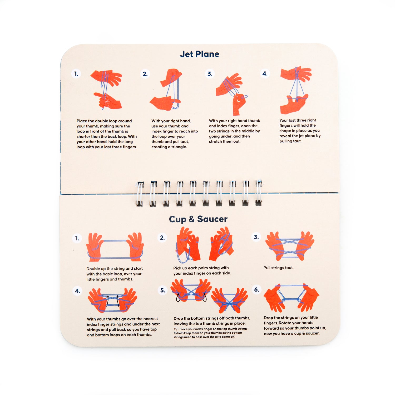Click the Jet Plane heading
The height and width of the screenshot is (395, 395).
pyautogui.click(x=200, y=54)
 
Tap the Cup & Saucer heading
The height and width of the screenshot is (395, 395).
pyautogui.click(x=198, y=219)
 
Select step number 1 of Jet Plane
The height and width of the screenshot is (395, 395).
pyautogui.click(x=76, y=74)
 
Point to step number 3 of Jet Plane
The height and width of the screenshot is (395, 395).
pyautogui.click(x=210, y=74)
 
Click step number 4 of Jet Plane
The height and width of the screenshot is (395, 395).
pyautogui.click(x=265, y=73)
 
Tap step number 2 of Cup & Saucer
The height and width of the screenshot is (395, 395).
pyautogui.click(x=162, y=238)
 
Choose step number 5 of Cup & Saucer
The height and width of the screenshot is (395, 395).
pyautogui.click(x=163, y=290)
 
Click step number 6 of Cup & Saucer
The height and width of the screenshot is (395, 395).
pyautogui.click(x=256, y=290)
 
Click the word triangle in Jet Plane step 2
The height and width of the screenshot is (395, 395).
pyautogui.click(x=179, y=147)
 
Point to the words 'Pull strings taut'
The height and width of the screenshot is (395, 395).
pyautogui.click(x=278, y=268)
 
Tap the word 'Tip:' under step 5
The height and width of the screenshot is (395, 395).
pyautogui.click(x=176, y=329)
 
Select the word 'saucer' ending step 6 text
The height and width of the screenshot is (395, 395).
pyautogui.click(x=313, y=333)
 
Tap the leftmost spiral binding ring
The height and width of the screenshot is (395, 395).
pyautogui.click(x=140, y=194)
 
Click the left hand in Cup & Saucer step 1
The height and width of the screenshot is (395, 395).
pyautogui.click(x=94, y=247)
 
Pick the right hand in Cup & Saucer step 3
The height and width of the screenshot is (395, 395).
pyautogui.click(x=305, y=245)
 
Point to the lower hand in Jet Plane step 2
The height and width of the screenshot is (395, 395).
pyautogui.click(x=165, y=103)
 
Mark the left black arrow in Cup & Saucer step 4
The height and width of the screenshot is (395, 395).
pyautogui.click(x=107, y=301)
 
